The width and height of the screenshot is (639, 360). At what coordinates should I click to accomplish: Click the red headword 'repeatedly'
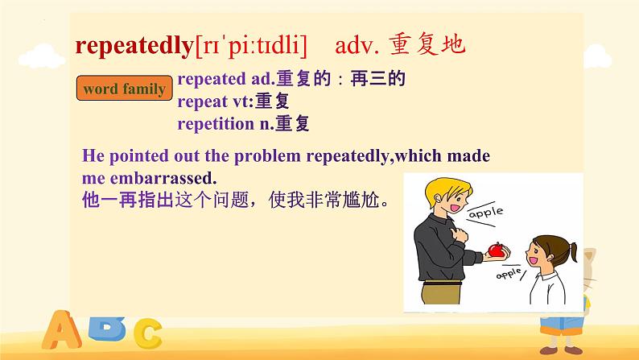(x=134, y=46)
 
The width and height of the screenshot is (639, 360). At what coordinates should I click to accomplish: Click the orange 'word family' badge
(x=124, y=89)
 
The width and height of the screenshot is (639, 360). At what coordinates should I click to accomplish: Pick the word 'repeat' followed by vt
(x=201, y=101)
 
